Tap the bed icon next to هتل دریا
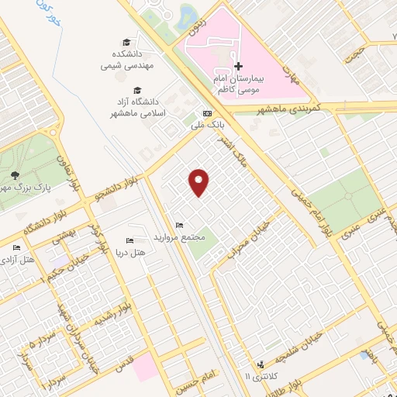point(129,240)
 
